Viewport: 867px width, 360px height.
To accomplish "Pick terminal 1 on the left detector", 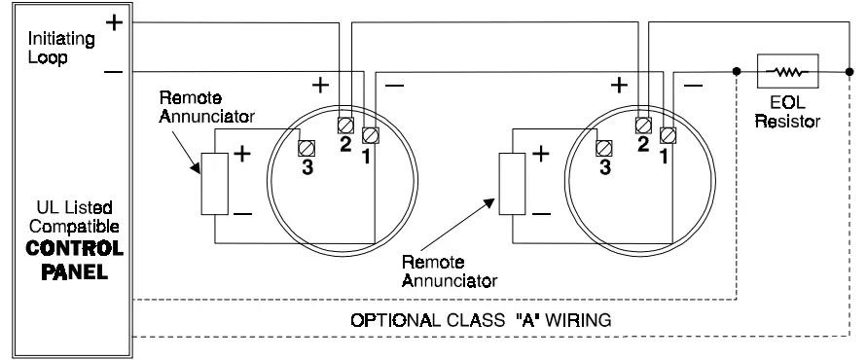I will click(369, 132).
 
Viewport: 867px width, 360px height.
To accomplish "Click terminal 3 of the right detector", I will click(602, 148).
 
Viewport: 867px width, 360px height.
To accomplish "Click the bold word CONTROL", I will click(69, 247).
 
